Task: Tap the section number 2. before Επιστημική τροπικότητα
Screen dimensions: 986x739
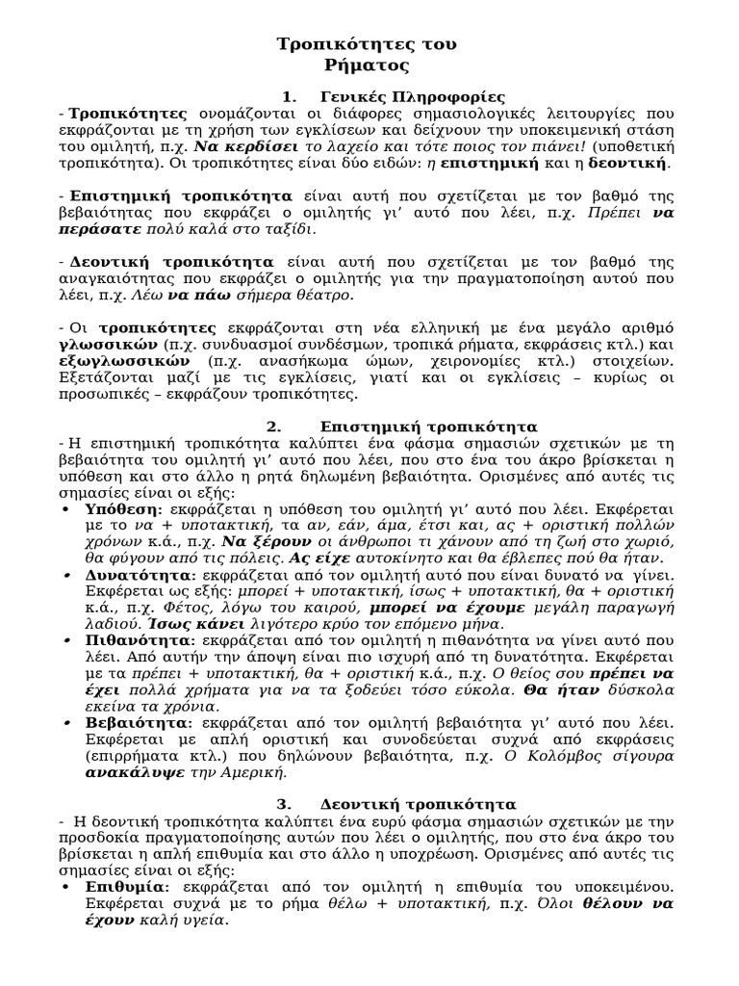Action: coord(274,426)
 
